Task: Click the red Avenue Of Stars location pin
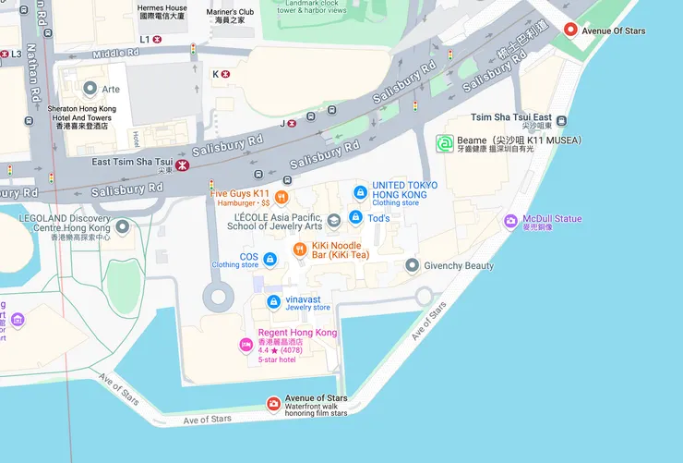point(570,30)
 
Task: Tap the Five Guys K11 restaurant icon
point(282,197)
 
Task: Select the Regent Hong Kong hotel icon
point(246,345)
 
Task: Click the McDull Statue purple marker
point(510,221)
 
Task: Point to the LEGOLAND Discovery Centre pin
point(122,226)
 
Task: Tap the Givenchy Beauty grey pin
point(412,265)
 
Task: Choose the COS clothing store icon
point(270,259)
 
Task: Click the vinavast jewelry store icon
point(273,302)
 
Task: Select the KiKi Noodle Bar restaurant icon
point(299,250)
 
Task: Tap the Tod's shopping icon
point(355,218)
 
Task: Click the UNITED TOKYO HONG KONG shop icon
point(360,192)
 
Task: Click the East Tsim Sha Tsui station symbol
point(184,164)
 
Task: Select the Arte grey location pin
point(90,89)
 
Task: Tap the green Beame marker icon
point(445,144)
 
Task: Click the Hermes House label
point(162,8)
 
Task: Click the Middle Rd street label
point(115,54)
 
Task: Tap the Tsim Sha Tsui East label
point(511,117)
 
